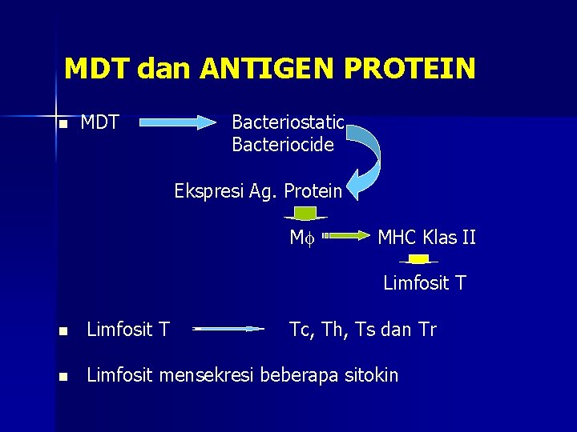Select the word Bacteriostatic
(288, 122)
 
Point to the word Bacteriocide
(283, 145)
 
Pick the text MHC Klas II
(426, 238)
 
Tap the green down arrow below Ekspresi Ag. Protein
(305, 214)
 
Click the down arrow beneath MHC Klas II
(418, 260)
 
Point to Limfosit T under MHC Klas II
(425, 283)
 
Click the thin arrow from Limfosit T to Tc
(228, 329)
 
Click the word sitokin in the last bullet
(371, 374)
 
